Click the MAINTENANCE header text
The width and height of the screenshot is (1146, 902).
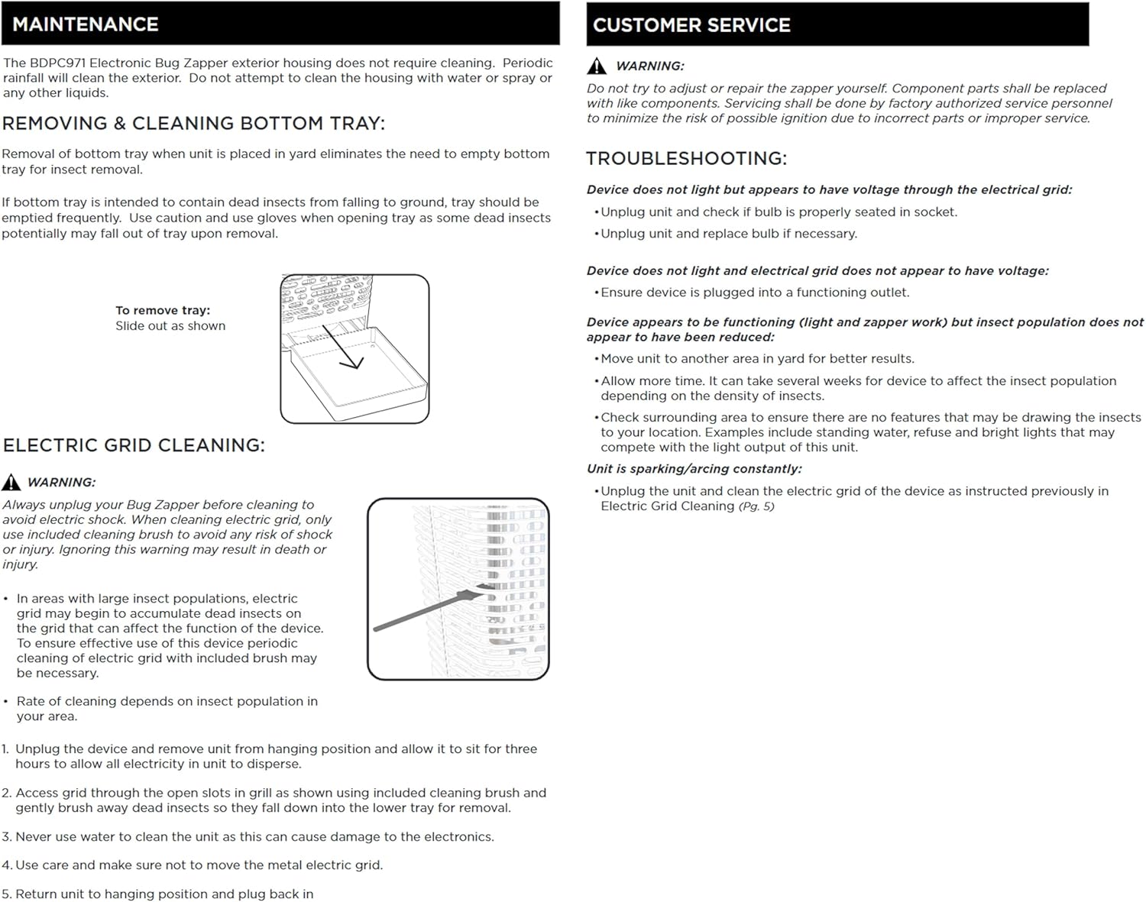(86, 24)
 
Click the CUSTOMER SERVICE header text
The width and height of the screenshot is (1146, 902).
(691, 25)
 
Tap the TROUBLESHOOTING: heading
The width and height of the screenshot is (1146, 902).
(686, 158)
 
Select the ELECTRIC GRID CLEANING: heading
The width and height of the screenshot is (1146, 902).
(134, 445)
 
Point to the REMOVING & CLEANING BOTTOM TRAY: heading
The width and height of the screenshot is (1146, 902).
(193, 123)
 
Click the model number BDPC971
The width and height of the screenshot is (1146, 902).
(58, 63)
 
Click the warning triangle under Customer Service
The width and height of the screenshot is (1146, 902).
(597, 66)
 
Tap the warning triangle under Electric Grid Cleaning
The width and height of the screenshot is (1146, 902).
(11, 482)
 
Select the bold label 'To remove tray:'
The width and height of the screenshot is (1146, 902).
(163, 310)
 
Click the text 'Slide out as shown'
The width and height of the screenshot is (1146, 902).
(170, 326)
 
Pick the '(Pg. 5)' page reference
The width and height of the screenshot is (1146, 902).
(756, 506)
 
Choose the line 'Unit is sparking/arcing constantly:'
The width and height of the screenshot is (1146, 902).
(694, 469)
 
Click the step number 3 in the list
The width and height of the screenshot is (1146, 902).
(6, 837)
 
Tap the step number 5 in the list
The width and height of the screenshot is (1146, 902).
(6, 894)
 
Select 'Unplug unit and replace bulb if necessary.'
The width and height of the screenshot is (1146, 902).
(729, 234)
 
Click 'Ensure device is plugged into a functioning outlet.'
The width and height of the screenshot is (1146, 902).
(755, 293)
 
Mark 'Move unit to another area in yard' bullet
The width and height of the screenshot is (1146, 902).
(757, 359)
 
